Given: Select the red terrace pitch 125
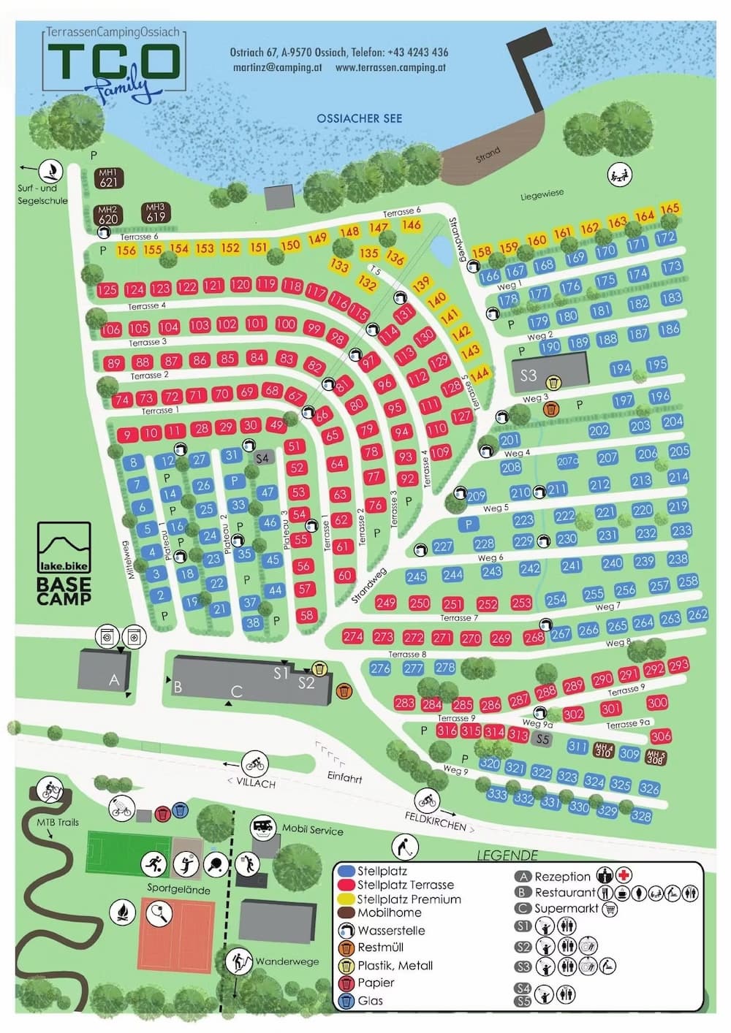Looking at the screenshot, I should click(107, 290).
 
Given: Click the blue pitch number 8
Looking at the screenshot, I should click(133, 462).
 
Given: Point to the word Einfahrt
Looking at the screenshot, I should click(344, 778).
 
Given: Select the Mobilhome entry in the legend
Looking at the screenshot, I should click(388, 912).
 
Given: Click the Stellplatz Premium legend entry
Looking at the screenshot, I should click(408, 899).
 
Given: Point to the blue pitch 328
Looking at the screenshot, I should click(640, 816).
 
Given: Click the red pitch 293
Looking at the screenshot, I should click(678, 665).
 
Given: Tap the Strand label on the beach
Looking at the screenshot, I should click(488, 154).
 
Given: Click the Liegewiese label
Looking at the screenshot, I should click(542, 195).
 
